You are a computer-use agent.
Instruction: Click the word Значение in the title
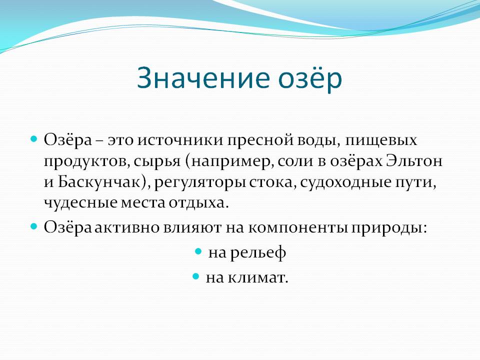pyautogui.click(x=203, y=78)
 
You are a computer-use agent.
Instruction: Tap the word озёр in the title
pyautogui.click(x=310, y=78)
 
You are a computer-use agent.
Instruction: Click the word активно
pyautogui.click(x=126, y=227)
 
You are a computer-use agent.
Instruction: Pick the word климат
pyautogui.click(x=258, y=277)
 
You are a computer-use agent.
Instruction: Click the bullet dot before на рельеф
pyautogui.click(x=198, y=251)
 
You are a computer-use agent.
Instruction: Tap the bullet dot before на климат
pyautogui.click(x=196, y=276)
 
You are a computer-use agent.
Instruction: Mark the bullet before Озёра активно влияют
pyautogui.click(x=33, y=226)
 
